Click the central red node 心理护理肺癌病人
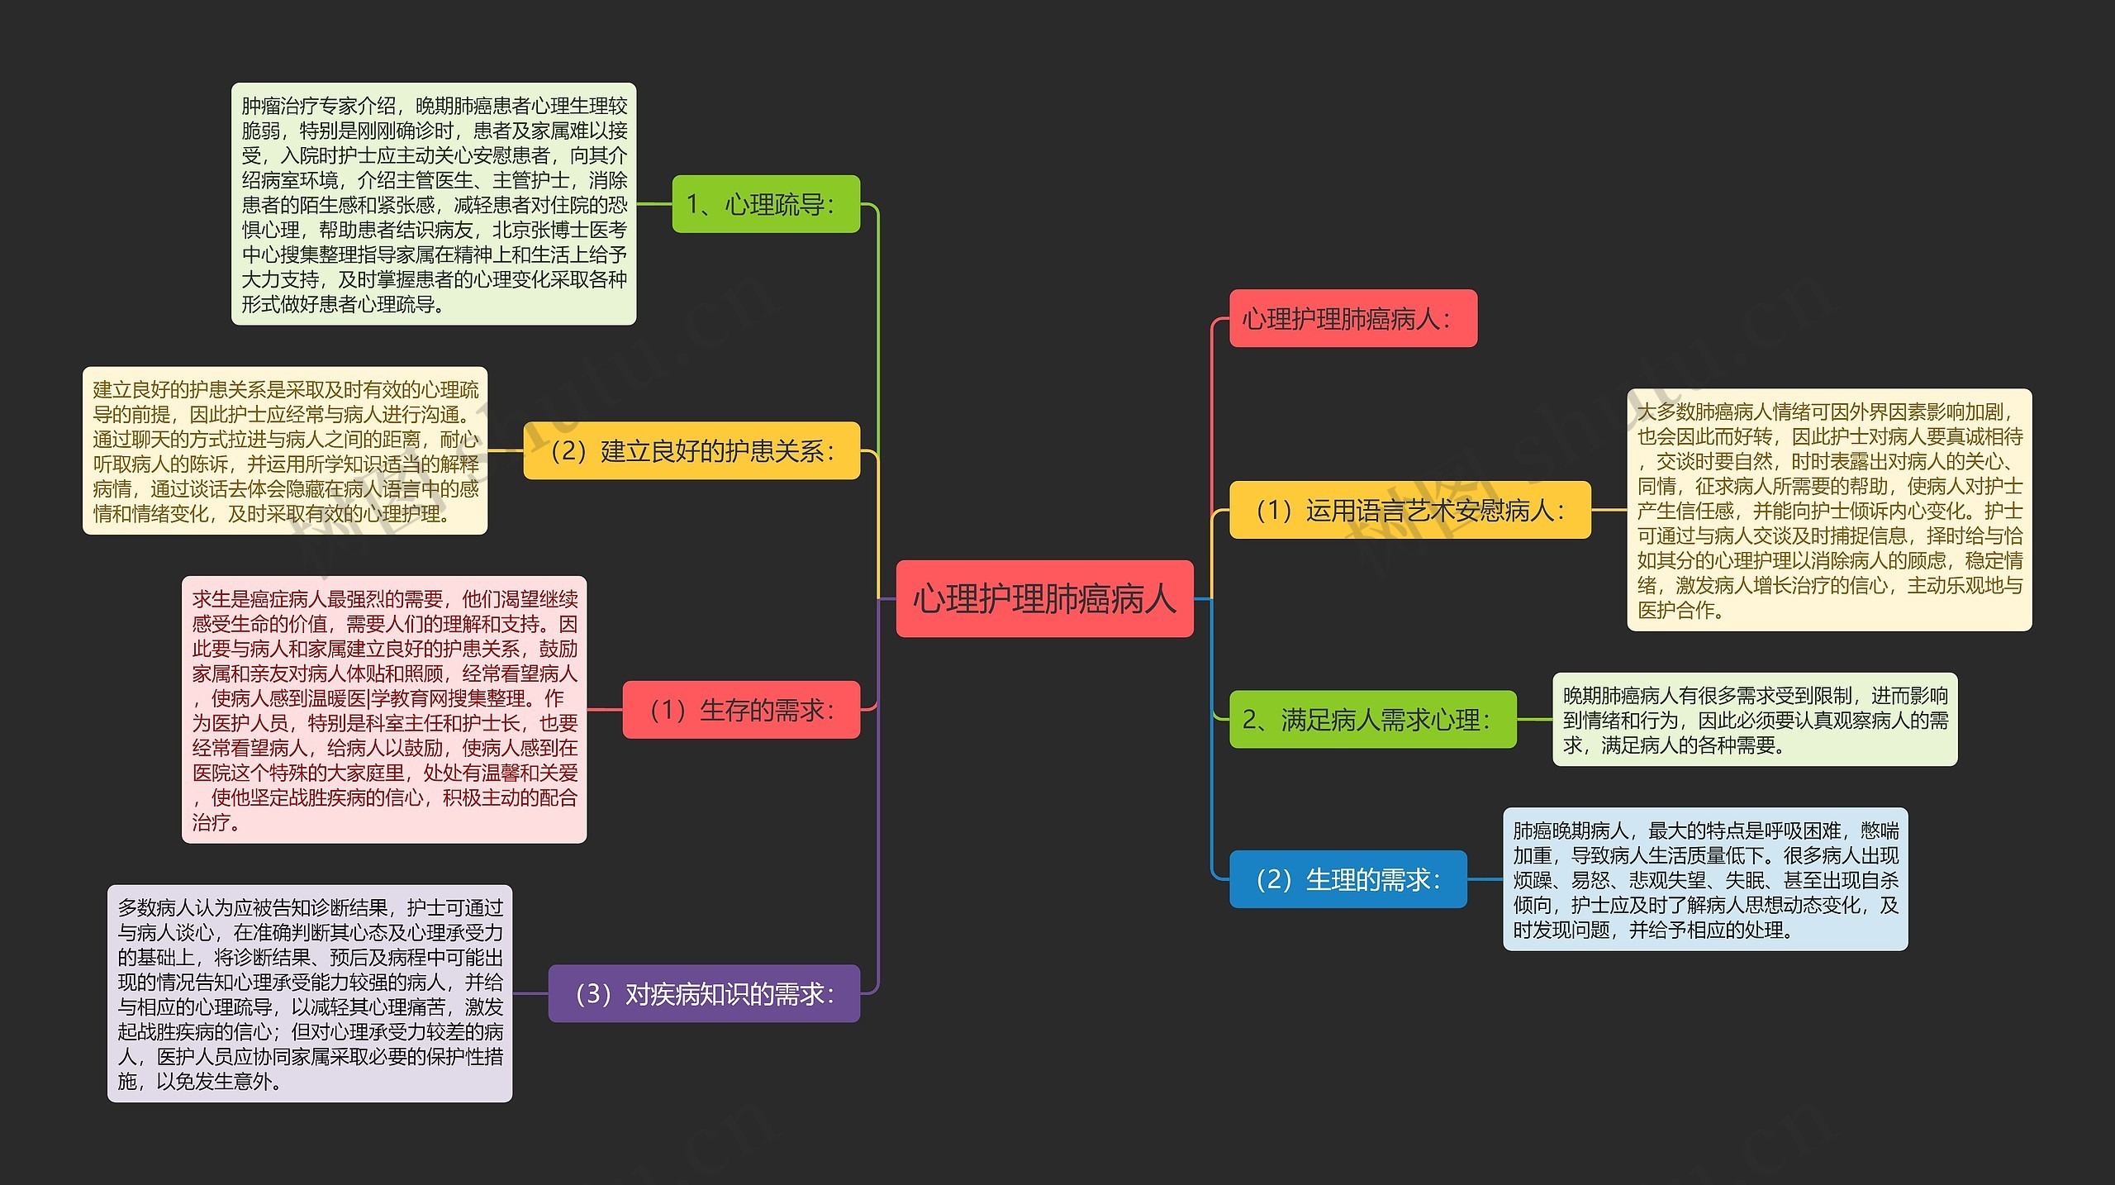1044,598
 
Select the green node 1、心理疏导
766,204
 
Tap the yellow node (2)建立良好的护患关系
692,451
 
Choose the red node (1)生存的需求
741,710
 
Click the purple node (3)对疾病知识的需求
704,993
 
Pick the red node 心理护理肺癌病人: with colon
1352,318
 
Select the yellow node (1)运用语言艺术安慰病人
1409,510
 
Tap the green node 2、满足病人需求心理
1372,720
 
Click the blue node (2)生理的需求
1347,879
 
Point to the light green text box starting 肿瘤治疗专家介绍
434,204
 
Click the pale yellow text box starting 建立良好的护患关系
285,451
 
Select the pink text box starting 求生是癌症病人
384,710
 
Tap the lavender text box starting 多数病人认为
310,993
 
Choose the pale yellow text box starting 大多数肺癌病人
1829,510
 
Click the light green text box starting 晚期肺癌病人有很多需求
1755,720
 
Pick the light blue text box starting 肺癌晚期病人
1705,879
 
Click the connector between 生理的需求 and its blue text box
1485,879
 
